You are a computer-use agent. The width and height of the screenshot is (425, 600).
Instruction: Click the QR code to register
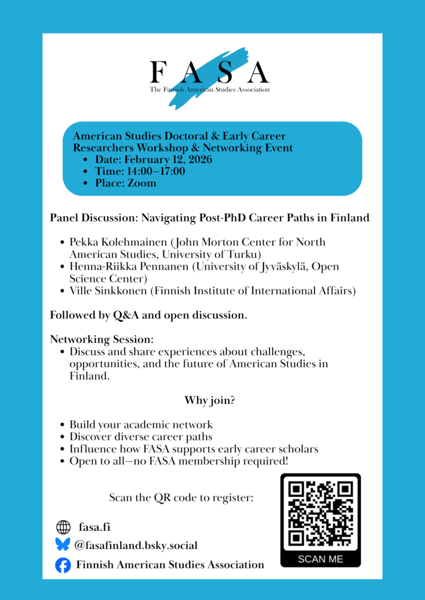coord(321,513)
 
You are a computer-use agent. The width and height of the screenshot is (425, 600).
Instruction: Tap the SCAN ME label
coord(321,559)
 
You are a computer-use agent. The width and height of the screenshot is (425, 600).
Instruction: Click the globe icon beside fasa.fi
coord(63,527)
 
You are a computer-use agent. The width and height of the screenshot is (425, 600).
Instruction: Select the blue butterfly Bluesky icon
coord(63,545)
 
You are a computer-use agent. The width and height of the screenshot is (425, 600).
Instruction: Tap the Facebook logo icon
coord(63,565)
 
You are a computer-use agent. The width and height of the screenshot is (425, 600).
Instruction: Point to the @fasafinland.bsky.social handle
coord(136,546)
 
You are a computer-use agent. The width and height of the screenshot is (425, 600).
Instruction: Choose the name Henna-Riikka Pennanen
coord(123,267)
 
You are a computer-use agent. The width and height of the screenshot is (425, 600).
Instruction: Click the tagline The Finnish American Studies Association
coord(210,90)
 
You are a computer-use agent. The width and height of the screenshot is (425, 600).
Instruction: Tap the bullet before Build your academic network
coord(63,425)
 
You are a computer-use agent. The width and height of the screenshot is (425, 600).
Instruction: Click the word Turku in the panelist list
coord(244,254)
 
